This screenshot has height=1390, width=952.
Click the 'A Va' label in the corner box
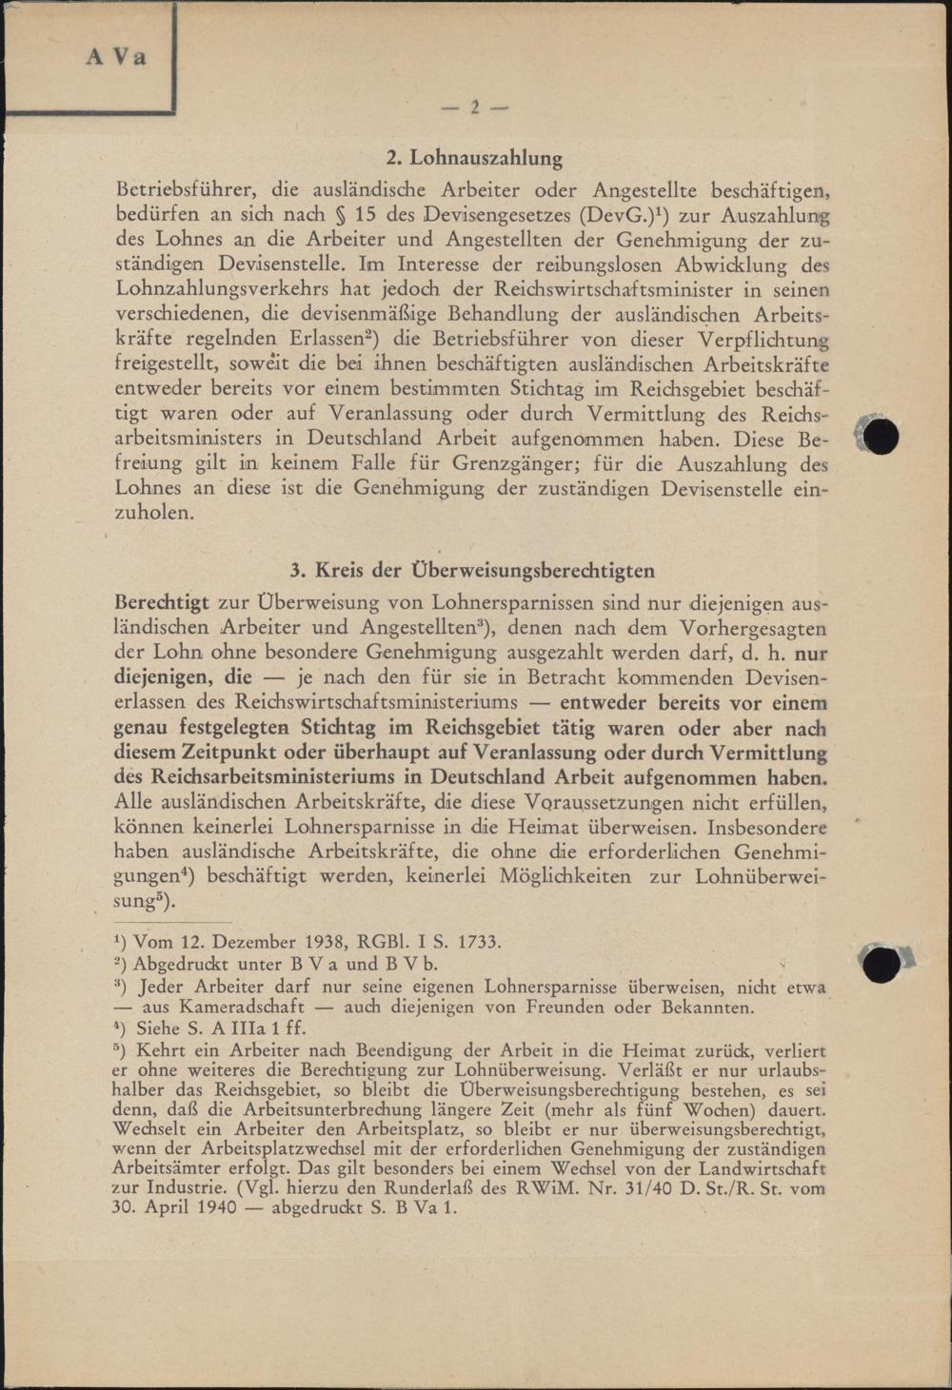tap(116, 57)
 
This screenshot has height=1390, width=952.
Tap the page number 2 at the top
tap(474, 108)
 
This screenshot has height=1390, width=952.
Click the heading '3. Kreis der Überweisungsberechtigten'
tap(473, 571)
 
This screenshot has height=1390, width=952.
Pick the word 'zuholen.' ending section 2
tap(154, 514)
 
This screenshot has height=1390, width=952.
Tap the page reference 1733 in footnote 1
tap(478, 942)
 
